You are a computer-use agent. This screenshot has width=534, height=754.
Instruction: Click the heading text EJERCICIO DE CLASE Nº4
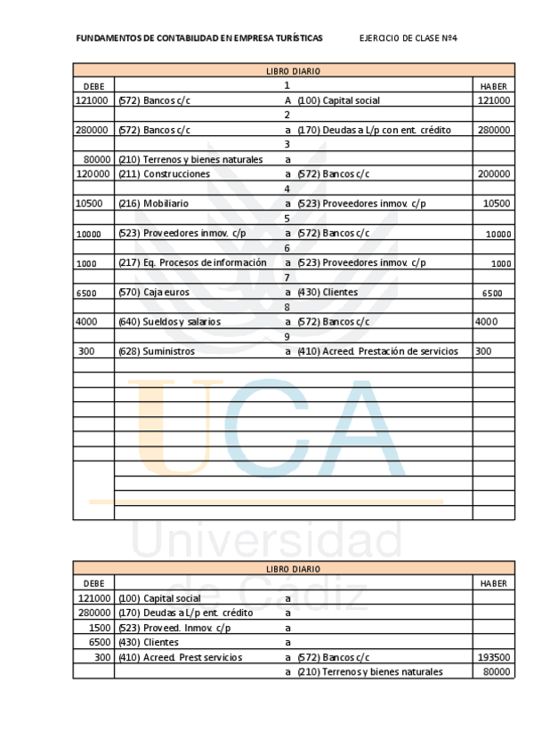coord(408,38)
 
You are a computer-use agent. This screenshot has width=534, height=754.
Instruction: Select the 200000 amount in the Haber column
coord(493,174)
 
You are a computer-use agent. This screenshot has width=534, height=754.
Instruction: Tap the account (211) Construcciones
coord(165,174)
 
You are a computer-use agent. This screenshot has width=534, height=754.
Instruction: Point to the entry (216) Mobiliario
coord(153,204)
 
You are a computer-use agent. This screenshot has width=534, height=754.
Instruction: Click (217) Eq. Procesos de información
coord(192,262)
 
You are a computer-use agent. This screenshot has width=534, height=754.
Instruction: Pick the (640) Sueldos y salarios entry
coord(169,322)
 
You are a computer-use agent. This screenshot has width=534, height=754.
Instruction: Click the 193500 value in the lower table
coord(493,657)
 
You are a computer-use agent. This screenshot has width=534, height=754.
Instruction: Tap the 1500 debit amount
coord(100,628)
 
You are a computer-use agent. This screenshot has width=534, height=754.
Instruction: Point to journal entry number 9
coord(287,337)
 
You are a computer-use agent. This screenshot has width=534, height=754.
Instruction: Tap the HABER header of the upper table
coord(493,86)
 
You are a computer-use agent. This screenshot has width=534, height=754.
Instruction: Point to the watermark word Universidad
coord(267,540)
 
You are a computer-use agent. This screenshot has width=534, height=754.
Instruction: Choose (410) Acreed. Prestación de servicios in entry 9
coord(377,351)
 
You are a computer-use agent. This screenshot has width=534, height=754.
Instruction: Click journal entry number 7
coord(287,277)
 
